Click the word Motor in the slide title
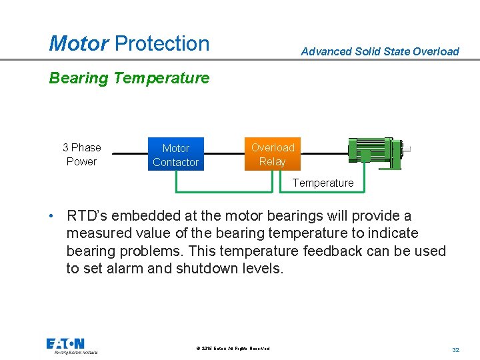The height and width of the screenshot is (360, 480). coord(79,43)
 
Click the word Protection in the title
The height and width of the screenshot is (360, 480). coord(162,43)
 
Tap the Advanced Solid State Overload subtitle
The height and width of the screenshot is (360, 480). coord(380,51)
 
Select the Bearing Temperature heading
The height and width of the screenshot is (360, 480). coord(129,78)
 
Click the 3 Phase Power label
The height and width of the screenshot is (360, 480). coord(81,155)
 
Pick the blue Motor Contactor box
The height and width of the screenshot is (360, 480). coord(175,155)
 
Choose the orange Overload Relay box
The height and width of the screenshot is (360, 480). coord(273,155)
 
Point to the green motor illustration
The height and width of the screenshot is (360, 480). coord(377,152)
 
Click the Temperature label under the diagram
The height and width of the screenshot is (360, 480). coord(323,183)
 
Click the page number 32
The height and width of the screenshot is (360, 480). coord(456,349)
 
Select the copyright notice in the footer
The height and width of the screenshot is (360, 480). coord(233,348)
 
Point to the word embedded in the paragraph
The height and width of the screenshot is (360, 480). coord(148,216)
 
